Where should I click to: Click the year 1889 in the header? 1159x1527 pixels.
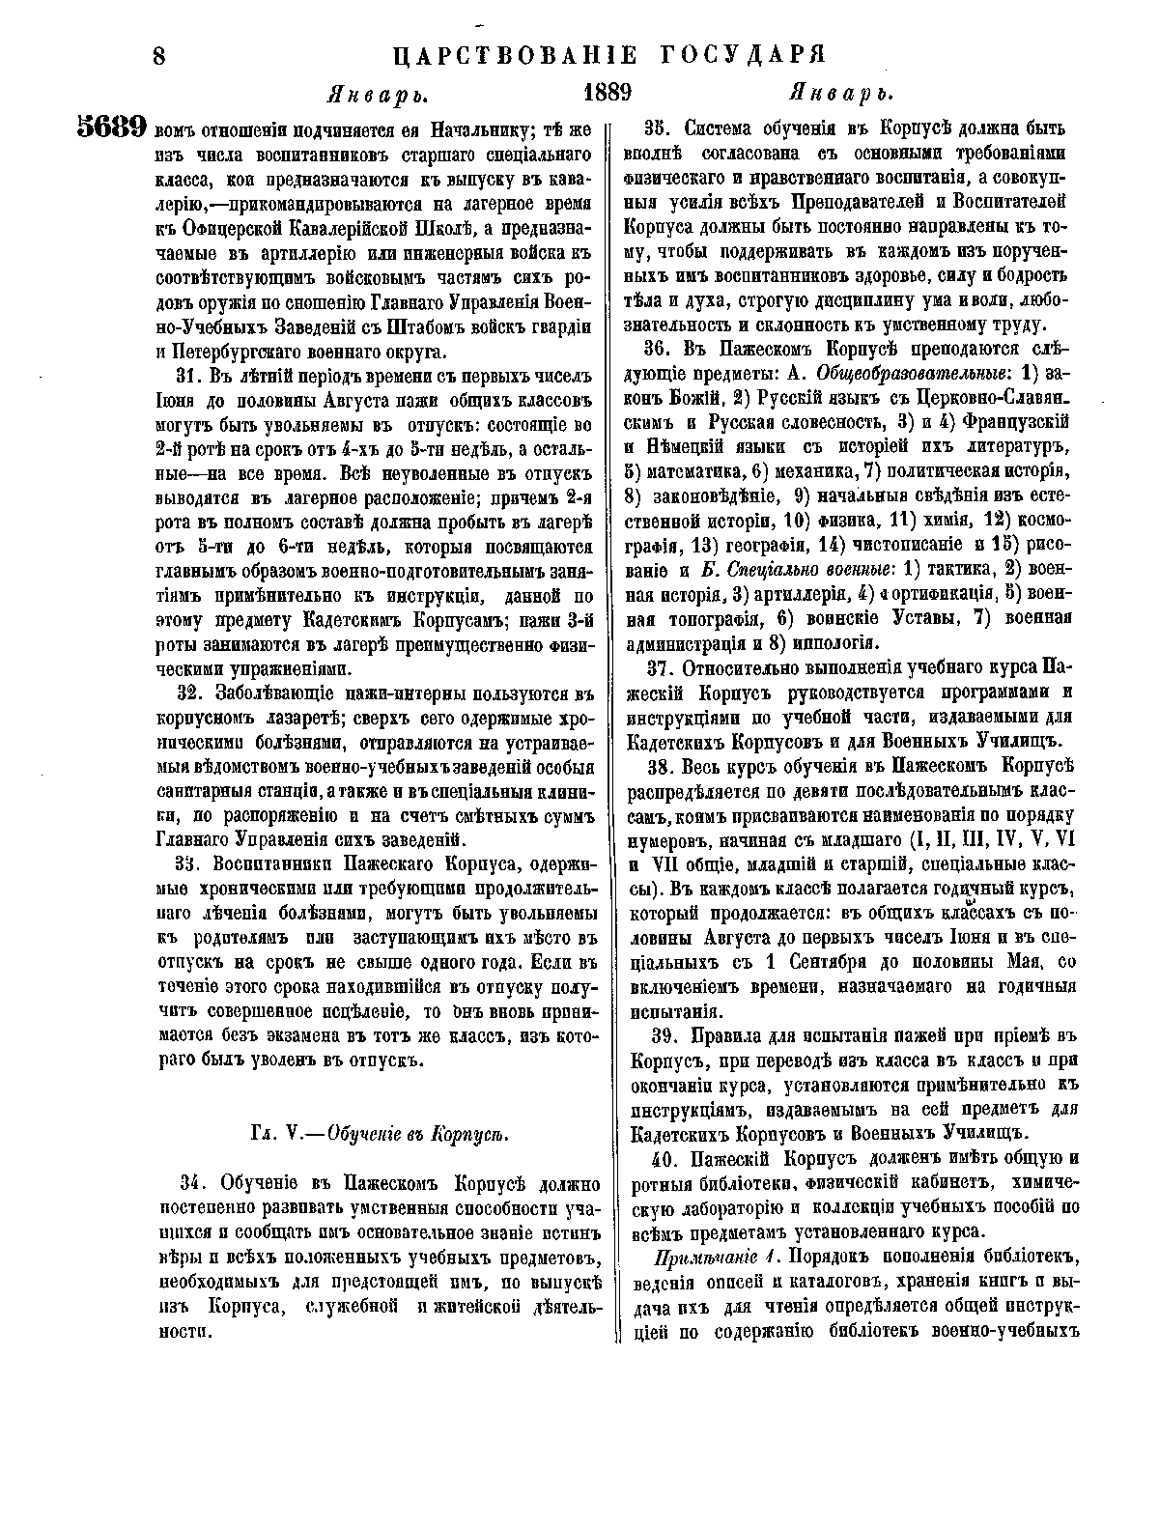(x=608, y=94)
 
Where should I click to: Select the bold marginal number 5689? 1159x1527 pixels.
(x=111, y=128)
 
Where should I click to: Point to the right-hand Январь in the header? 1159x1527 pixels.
(x=839, y=95)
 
